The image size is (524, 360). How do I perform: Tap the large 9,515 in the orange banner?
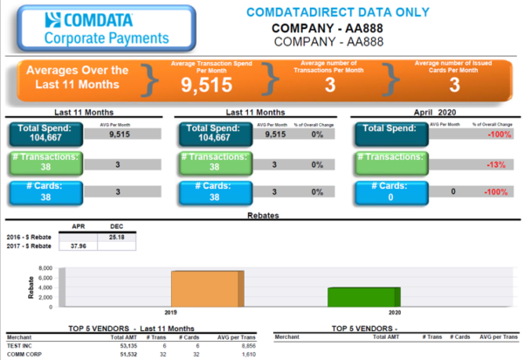[x=206, y=84]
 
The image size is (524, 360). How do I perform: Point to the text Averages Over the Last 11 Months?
[x=77, y=77]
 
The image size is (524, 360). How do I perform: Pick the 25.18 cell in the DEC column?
[x=116, y=236]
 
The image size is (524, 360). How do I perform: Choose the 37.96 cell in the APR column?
[x=77, y=246]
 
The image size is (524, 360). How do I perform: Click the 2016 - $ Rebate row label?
[x=27, y=236]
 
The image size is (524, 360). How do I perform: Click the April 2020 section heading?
[x=434, y=113]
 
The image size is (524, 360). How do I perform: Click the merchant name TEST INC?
[x=20, y=345]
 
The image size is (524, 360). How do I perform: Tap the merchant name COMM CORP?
[x=24, y=355]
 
